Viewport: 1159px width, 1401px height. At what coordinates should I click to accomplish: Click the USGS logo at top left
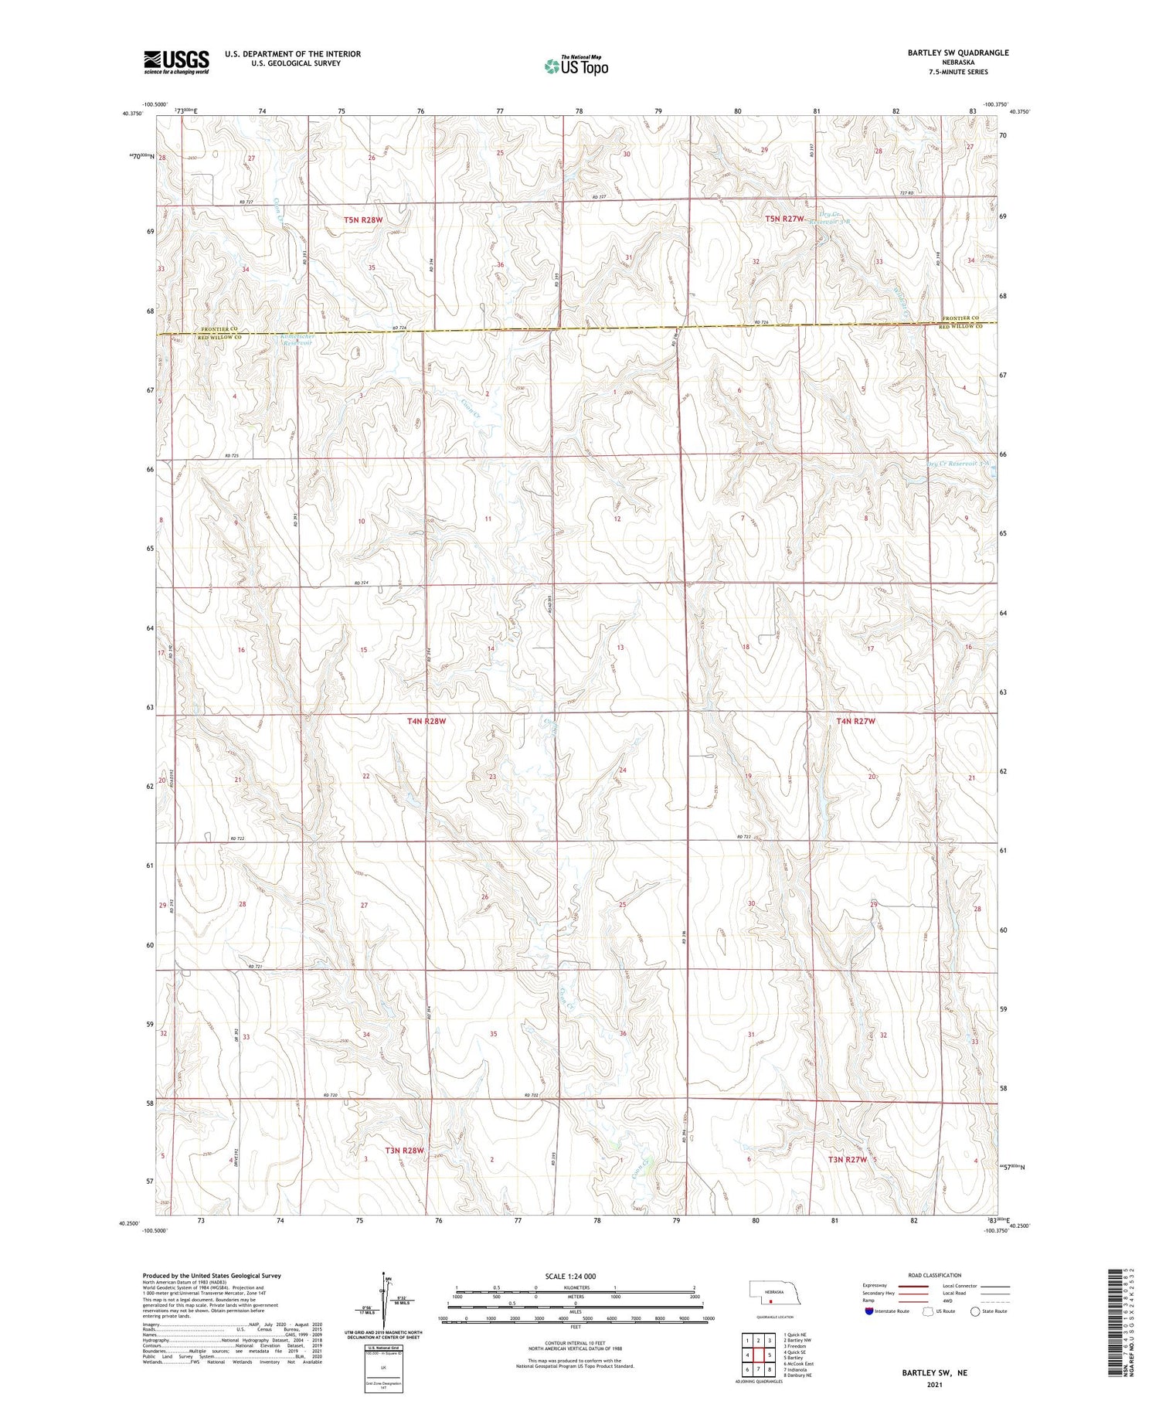coord(176,61)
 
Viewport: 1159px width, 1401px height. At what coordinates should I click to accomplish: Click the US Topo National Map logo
coord(576,66)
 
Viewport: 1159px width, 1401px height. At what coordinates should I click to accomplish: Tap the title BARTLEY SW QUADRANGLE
coord(958,53)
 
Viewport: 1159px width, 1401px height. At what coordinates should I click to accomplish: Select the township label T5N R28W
coord(363,220)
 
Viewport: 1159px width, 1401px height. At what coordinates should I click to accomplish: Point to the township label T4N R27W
coord(855,721)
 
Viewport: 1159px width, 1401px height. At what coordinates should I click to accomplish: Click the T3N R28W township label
coord(405,1151)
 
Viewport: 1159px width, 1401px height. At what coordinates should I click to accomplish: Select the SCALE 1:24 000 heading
coord(570,1276)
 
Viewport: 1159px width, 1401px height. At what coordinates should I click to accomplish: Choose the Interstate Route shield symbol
coord(869,1311)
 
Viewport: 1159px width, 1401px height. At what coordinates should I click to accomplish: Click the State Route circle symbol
coord(976,1311)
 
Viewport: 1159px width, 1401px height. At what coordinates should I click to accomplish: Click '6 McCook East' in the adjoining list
coord(798,1363)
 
